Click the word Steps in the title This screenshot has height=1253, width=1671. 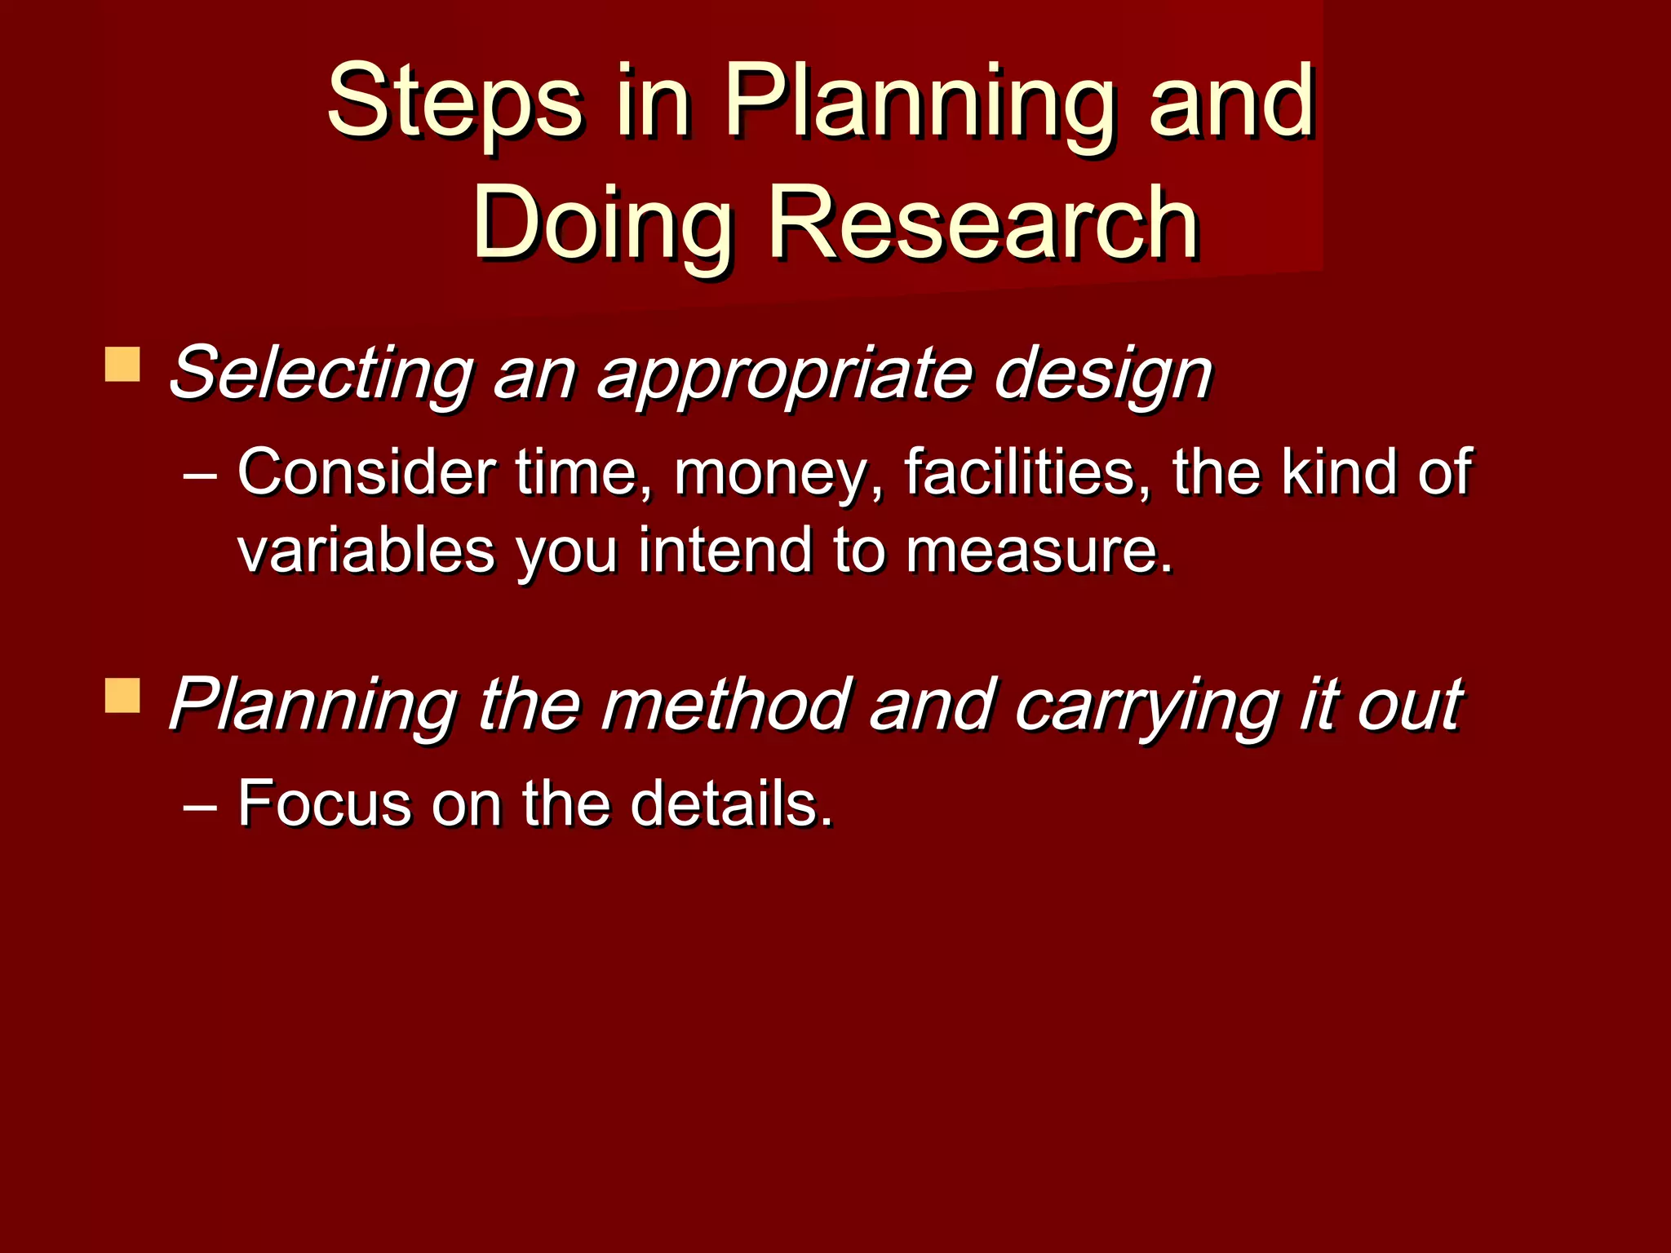tap(454, 103)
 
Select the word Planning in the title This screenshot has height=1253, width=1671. tap(919, 103)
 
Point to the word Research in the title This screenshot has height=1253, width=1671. tap(983, 223)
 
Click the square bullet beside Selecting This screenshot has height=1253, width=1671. tap(122, 365)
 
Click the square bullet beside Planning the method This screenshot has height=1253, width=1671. tap(122, 696)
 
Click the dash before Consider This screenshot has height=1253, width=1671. tap(200, 474)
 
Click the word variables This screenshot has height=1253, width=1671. tap(366, 551)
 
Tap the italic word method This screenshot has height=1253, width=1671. tap(725, 704)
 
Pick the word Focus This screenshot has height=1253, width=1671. tap(324, 804)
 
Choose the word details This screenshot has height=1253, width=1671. tap(731, 804)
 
